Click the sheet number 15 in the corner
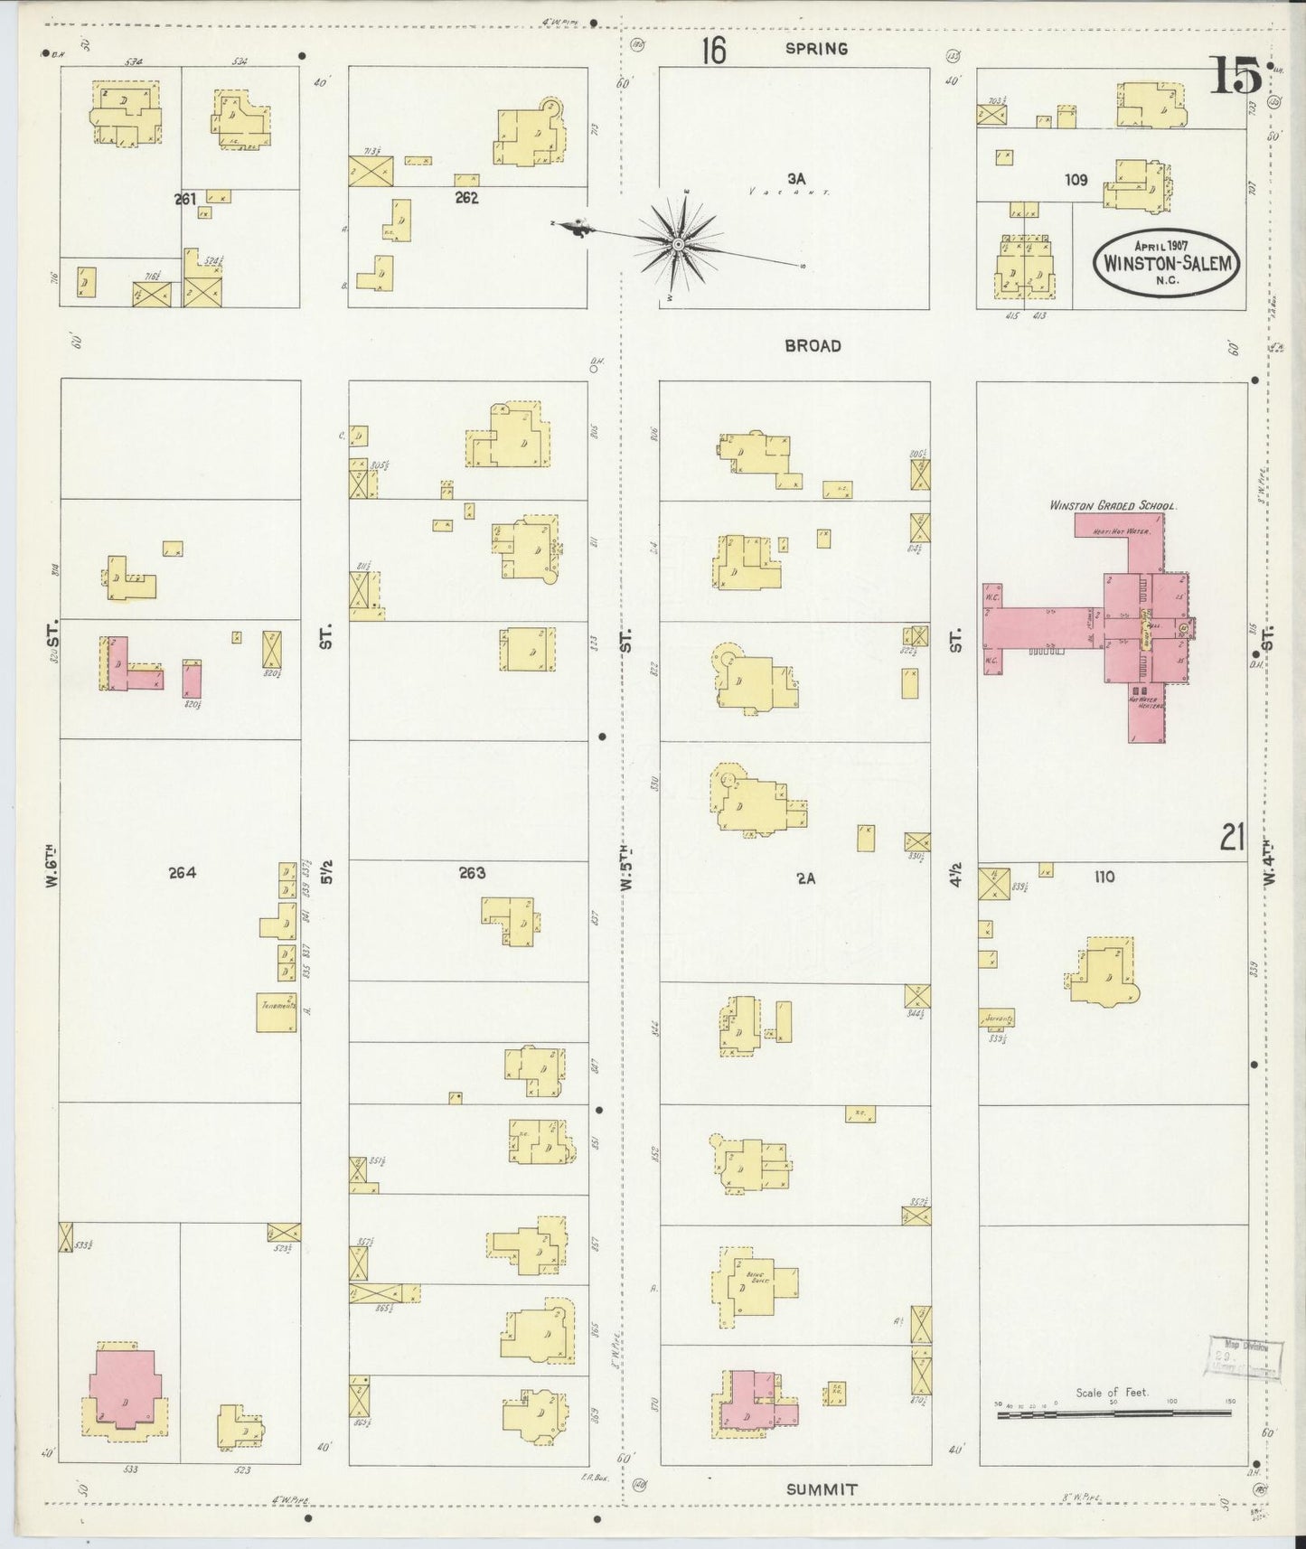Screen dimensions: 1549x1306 tap(1236, 75)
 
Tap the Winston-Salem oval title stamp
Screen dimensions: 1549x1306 tap(1167, 262)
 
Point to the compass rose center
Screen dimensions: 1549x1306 tap(678, 243)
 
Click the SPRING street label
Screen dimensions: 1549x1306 tap(816, 49)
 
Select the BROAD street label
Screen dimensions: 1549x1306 tap(813, 345)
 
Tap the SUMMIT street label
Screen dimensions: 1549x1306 tap(821, 1489)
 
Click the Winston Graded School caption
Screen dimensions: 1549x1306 tap(1113, 506)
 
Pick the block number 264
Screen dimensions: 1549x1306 tap(182, 872)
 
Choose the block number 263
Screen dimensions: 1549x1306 tap(472, 872)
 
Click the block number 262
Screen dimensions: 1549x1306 tap(466, 198)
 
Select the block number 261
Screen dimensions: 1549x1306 tap(185, 199)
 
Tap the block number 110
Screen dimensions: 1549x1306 tap(1104, 876)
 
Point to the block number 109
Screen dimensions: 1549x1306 tap(1076, 180)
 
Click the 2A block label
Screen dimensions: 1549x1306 tap(806, 876)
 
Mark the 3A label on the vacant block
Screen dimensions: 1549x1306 tap(795, 179)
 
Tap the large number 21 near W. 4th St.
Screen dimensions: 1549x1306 tap(1233, 838)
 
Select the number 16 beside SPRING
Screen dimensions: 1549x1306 tap(713, 51)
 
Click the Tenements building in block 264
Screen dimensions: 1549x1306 tap(277, 1012)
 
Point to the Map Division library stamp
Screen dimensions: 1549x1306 tap(1244, 1358)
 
